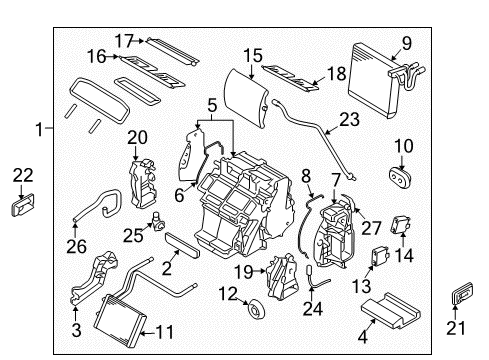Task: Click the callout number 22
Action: [23, 175]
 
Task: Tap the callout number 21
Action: [456, 328]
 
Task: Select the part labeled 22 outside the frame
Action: [23, 205]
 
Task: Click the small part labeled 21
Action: [462, 293]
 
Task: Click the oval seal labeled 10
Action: [400, 177]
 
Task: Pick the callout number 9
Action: [407, 43]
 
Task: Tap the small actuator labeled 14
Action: [401, 225]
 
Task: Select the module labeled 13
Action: [380, 256]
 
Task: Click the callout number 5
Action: [212, 105]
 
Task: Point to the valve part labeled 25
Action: [157, 222]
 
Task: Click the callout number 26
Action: [76, 247]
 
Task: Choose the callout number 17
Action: [124, 41]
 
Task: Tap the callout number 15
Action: [253, 56]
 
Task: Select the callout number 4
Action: [363, 337]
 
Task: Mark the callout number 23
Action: [349, 119]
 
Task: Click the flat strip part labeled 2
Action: [182, 245]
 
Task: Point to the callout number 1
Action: [39, 129]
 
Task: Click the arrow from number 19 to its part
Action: [259, 271]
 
